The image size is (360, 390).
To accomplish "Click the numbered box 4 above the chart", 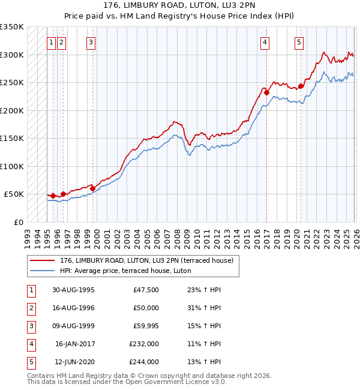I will [265, 42].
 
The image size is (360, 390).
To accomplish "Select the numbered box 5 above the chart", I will [299, 42].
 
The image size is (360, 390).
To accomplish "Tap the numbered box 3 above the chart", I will [91, 42].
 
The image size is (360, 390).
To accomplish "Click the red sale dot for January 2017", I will [266, 93].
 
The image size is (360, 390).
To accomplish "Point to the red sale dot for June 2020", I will [301, 86].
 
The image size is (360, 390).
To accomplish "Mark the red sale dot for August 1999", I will [92, 189].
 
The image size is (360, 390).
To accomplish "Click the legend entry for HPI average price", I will [125, 271].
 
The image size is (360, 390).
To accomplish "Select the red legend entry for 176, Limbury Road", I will [150, 260].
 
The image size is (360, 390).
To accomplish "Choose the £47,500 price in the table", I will [146, 289].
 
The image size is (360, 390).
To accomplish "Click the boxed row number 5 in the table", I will [29, 362].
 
